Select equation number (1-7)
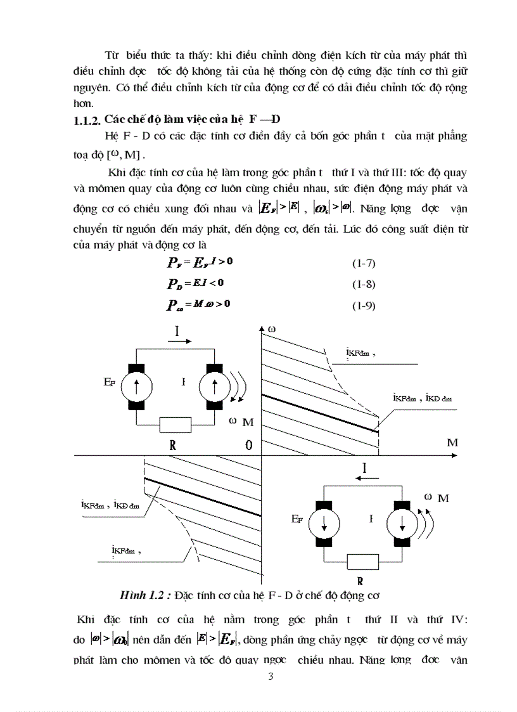(364, 263)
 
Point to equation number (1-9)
(364, 306)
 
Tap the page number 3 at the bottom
(271, 676)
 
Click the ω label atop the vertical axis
(272, 329)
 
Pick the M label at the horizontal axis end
(452, 443)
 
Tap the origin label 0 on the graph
(249, 445)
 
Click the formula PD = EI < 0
(196, 283)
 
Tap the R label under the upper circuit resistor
(172, 445)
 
